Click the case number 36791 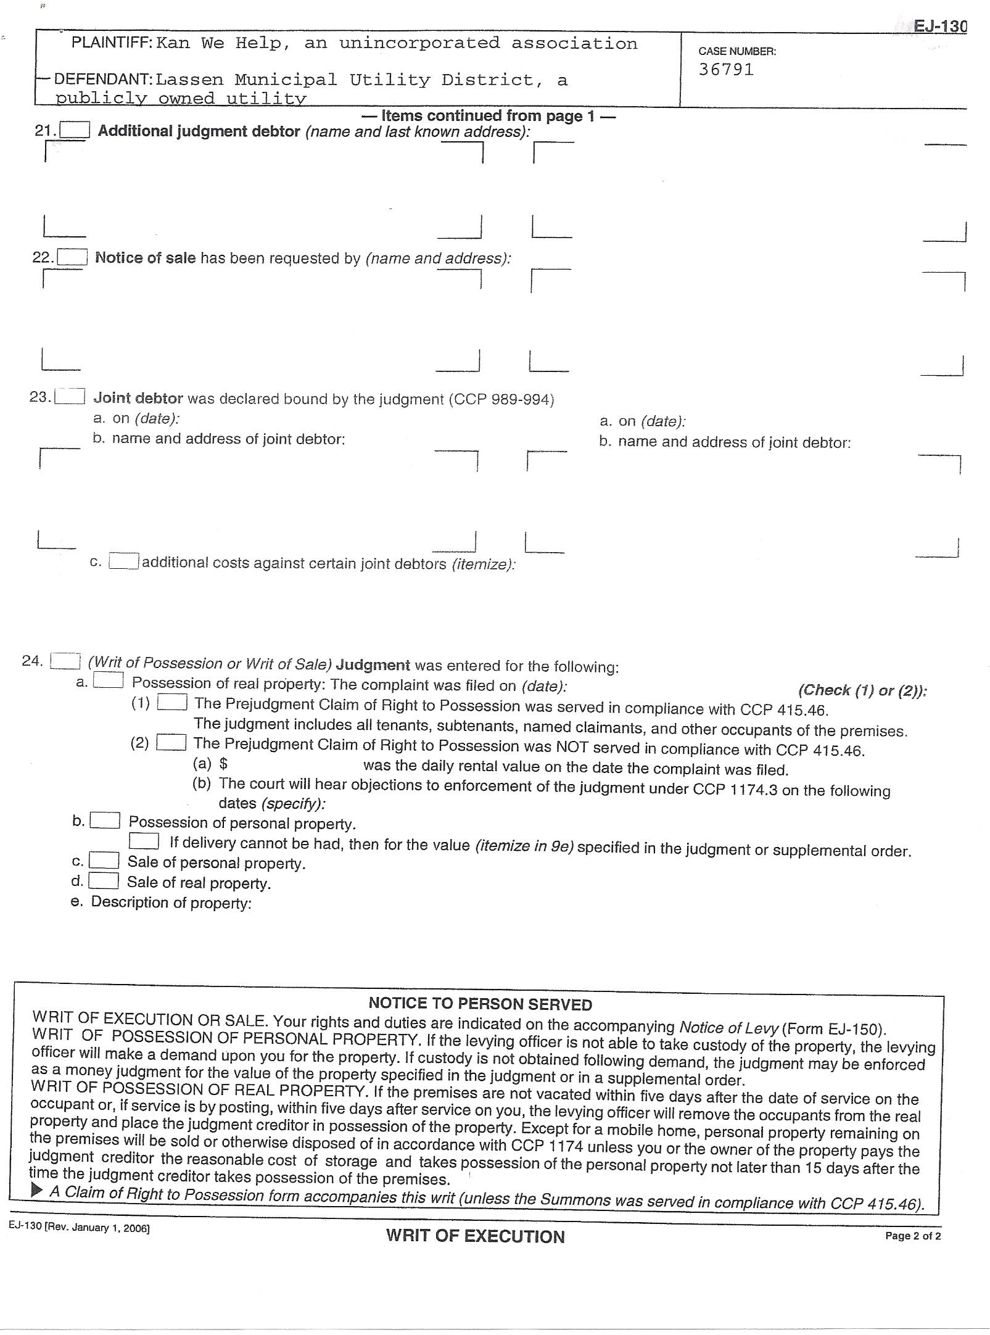pyautogui.click(x=726, y=70)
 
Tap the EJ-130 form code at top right pyautogui.click(x=939, y=27)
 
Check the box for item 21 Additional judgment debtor pyautogui.click(x=76, y=130)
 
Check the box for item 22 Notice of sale pyautogui.click(x=72, y=257)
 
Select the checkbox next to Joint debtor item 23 pyautogui.click(x=69, y=397)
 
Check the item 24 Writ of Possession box pyautogui.click(x=65, y=661)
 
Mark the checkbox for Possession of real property pyautogui.click(x=108, y=681)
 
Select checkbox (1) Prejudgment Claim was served pyautogui.click(x=172, y=703)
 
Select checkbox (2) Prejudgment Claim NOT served pyautogui.click(x=171, y=742)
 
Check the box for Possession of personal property pyautogui.click(x=105, y=821)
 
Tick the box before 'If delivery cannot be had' pyautogui.click(x=144, y=841)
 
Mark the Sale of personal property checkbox pyautogui.click(x=104, y=861)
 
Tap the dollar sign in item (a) pyautogui.click(x=223, y=764)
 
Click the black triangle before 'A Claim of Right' pyautogui.click(x=37, y=1190)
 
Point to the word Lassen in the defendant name pyautogui.click(x=189, y=80)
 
